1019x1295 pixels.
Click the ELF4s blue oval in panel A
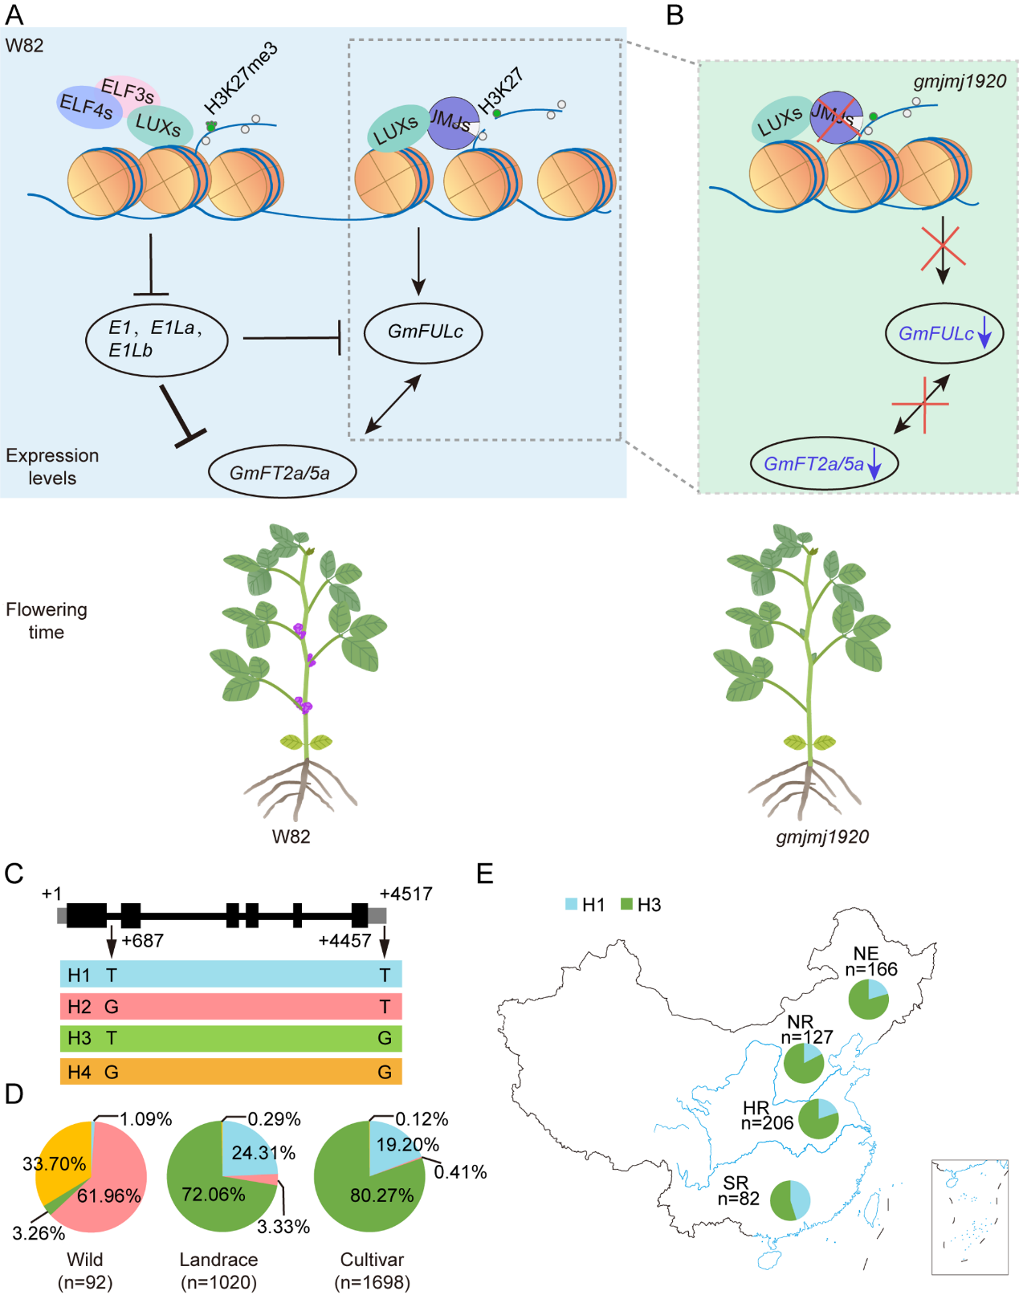87,107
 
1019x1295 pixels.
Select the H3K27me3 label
240,78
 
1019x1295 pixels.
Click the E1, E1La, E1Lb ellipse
157,339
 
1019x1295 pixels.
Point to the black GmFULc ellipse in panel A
423,332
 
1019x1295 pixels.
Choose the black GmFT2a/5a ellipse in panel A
281,473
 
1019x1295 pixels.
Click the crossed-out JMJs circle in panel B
836,117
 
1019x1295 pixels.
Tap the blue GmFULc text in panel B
935,334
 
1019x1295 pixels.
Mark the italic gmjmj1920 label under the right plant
822,837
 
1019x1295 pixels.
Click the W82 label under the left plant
291,837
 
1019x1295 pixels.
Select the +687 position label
143,941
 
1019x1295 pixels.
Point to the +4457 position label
344,941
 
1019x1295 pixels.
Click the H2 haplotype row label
79,1007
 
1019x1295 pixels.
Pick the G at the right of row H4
385,1072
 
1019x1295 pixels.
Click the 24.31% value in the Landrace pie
263,1153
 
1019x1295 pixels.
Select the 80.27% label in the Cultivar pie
381,1195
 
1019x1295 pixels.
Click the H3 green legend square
627,905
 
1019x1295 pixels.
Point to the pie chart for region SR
790,1200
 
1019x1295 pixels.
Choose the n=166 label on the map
871,969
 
